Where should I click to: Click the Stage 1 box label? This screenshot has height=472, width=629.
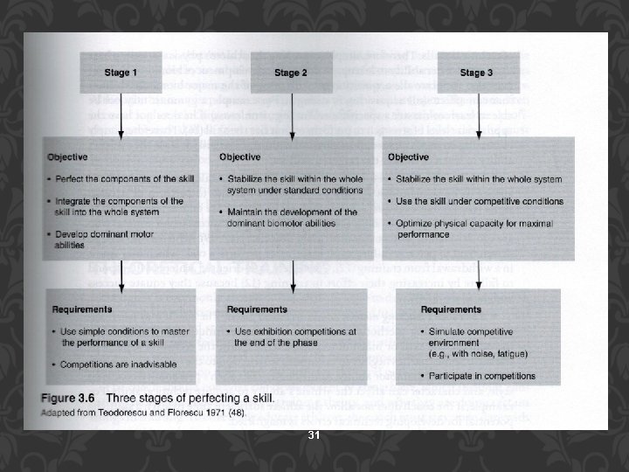(x=121, y=73)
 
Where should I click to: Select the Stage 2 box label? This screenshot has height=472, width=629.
(x=292, y=73)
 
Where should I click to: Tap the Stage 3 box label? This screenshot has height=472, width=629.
(x=477, y=73)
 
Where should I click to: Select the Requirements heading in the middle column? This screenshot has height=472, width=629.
(x=259, y=309)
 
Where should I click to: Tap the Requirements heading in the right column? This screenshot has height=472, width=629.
(x=451, y=309)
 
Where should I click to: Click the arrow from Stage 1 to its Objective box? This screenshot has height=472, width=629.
(x=121, y=115)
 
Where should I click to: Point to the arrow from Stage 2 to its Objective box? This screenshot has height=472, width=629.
(x=292, y=115)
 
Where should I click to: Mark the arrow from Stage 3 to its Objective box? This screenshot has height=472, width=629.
(x=477, y=115)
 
